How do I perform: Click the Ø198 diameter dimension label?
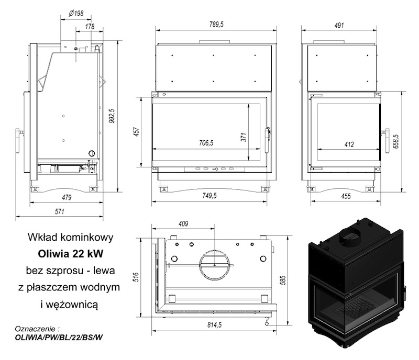pyautogui.click(x=76, y=14)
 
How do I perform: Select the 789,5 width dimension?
pyautogui.click(x=216, y=24)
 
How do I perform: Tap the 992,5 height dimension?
pyautogui.click(x=112, y=116)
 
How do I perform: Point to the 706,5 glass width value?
pyautogui.click(x=206, y=143)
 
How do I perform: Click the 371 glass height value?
pyautogui.click(x=244, y=137)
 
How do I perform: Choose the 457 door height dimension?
pyautogui.click(x=136, y=132)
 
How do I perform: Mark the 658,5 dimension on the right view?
pyautogui.click(x=396, y=141)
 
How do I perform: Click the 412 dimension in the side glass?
pyautogui.click(x=349, y=144)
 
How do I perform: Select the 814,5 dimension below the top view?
pyautogui.click(x=214, y=325)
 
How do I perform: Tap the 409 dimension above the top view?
pyautogui.click(x=183, y=223)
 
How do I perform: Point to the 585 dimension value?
pyautogui.click(x=283, y=280)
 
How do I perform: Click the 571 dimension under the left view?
pyautogui.click(x=60, y=211)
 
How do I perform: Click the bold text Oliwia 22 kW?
pyautogui.click(x=71, y=253)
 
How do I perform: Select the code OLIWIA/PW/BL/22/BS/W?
pyautogui.click(x=59, y=337)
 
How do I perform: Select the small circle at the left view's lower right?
pyautogui.click(x=91, y=153)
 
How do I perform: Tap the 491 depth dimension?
pyautogui.click(x=339, y=25)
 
